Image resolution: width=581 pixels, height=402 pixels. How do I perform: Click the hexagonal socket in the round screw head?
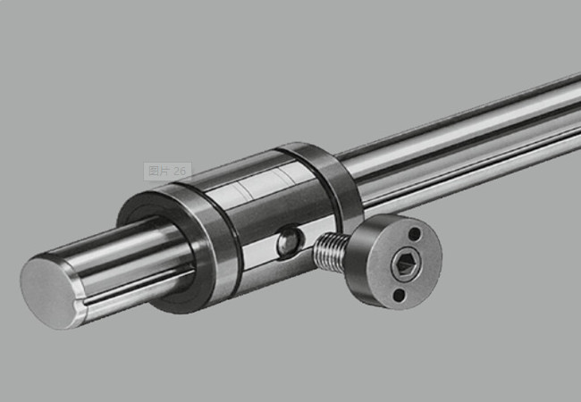(x=403, y=264)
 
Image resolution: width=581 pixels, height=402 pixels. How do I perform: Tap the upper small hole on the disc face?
(x=414, y=233)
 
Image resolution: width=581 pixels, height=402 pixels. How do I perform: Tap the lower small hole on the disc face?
(x=399, y=295)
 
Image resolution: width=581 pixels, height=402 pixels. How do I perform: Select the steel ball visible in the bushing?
(x=290, y=242)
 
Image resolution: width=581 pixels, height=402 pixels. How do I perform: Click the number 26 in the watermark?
(x=180, y=171)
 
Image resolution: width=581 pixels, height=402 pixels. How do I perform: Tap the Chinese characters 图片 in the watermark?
(x=159, y=171)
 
